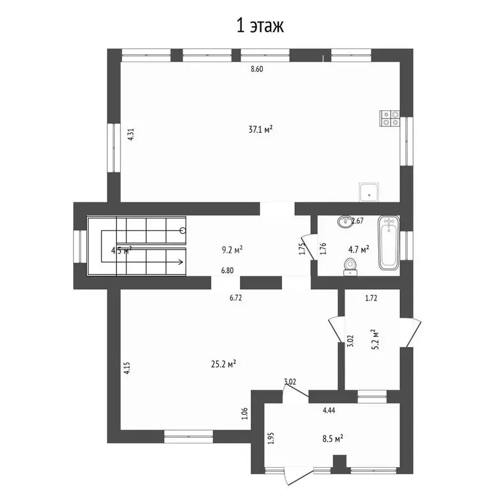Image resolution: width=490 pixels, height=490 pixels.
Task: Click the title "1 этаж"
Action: coord(260,26)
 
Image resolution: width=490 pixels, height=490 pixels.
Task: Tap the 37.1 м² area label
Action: coord(260,129)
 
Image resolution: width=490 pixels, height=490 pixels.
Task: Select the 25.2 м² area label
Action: coord(223,364)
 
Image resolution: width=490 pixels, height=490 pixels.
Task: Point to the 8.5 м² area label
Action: coord(333,438)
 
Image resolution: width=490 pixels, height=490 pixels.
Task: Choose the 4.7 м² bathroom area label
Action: coord(359,249)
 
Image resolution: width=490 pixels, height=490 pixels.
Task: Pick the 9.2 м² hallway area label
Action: coord(232,249)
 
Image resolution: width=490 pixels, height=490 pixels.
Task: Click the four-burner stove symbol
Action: coord(390,119)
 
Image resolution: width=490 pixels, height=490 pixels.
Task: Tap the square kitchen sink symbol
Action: coord(369,192)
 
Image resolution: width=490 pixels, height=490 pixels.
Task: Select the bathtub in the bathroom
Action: coord(389,243)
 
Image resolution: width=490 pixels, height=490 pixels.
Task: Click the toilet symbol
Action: coord(350,267)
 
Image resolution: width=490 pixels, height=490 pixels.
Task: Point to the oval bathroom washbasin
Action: coord(345,221)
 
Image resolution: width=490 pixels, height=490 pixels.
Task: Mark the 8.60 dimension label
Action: coord(257,69)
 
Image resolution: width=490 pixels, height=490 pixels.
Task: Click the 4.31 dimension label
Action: coord(131,135)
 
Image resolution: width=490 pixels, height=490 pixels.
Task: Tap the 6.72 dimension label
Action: coord(235,298)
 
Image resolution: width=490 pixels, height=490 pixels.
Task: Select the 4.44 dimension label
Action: coord(329,410)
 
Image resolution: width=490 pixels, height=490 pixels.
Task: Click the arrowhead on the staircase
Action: coord(181,262)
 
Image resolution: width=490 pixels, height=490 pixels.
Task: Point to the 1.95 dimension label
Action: coord(271,438)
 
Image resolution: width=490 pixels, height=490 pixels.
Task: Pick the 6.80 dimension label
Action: coord(227,271)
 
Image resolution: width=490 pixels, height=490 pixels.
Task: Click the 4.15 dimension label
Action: coord(126,368)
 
